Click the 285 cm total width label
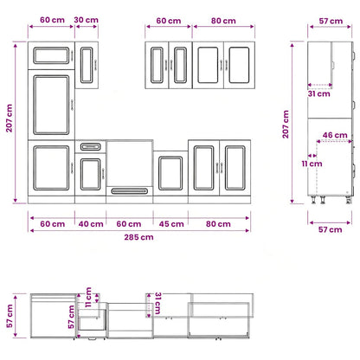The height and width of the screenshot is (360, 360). click(138, 237)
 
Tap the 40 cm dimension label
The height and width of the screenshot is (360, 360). click(91, 224)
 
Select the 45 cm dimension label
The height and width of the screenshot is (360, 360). click(171, 224)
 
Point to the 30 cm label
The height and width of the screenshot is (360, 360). click(86, 20)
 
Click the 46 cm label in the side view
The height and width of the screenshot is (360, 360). click(335, 135)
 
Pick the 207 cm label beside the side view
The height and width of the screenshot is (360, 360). click(286, 124)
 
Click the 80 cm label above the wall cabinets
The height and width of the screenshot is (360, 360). click(223, 21)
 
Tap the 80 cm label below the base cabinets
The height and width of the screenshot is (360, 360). click(218, 224)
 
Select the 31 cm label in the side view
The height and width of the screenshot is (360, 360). click(318, 93)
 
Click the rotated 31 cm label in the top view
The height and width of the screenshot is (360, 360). click(157, 303)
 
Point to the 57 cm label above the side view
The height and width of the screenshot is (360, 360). click(331, 21)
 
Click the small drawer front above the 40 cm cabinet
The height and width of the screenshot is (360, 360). click(91, 147)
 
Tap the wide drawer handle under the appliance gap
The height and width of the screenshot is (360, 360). click(130, 191)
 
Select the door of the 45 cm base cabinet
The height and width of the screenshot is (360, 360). click(170, 173)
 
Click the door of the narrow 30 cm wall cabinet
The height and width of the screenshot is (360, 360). click(87, 65)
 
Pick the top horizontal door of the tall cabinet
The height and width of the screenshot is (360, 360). click(51, 55)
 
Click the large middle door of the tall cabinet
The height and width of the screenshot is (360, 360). click(51, 105)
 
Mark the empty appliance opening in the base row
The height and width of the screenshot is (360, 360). click(130, 164)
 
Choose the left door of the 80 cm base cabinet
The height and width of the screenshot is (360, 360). click(204, 168)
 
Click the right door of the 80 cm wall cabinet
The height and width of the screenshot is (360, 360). click(239, 65)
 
